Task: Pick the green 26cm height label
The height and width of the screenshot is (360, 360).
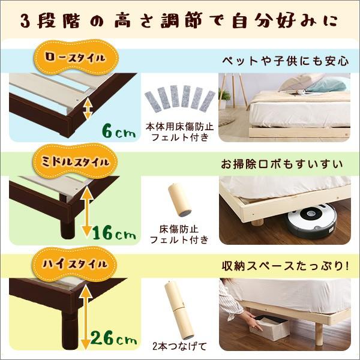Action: click(116, 340)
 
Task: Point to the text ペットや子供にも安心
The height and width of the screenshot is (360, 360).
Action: click(285, 61)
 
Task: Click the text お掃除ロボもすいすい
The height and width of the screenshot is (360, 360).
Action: click(285, 163)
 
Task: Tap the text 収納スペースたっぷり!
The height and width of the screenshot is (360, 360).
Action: click(285, 265)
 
